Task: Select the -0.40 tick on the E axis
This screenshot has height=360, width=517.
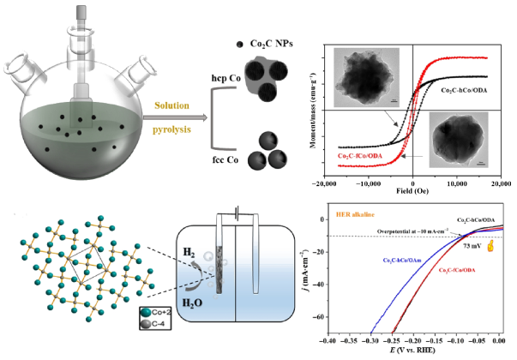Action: click(329, 341)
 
